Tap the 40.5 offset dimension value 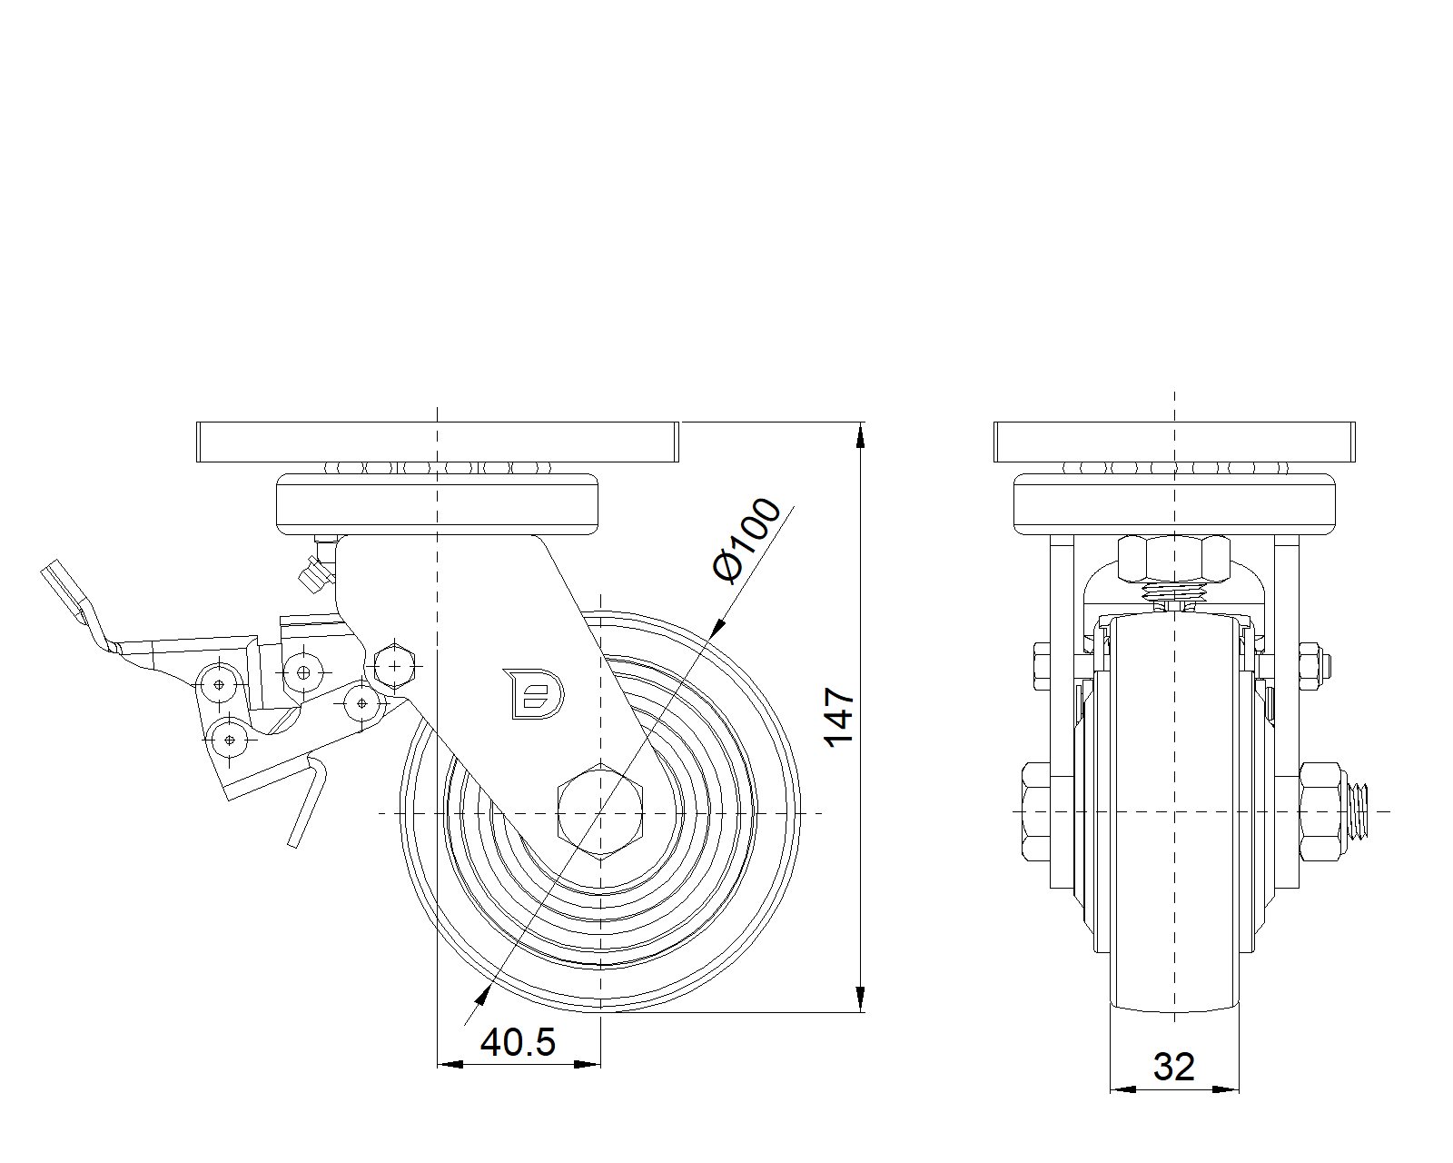(x=518, y=1042)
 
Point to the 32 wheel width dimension (x=1174, y=1067)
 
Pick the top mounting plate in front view (x=1174, y=442)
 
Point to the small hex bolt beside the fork (x=395, y=666)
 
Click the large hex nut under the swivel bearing (x=1174, y=559)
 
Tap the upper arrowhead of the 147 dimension (x=860, y=435)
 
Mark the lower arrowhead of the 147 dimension (x=860, y=999)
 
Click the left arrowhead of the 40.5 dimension (x=450, y=1065)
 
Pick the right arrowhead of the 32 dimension (x=1226, y=1089)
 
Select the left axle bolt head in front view (x=1036, y=811)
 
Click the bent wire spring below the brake (x=307, y=801)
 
